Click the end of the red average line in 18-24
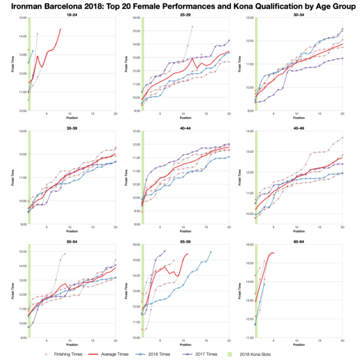(x=61, y=29)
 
